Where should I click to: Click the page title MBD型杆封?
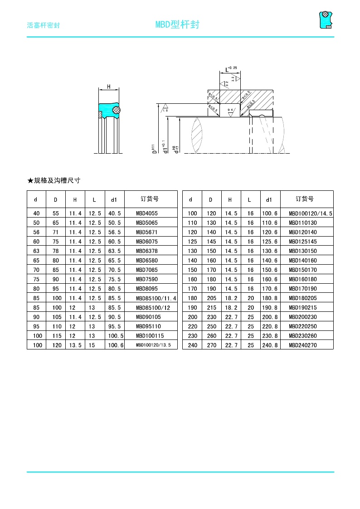(177, 24)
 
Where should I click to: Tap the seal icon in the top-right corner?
(325, 19)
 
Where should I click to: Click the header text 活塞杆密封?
(44, 25)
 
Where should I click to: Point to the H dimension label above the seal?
(108, 86)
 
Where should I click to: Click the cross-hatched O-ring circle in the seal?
(116, 110)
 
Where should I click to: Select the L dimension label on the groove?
(227, 70)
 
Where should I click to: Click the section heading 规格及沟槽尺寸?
(54, 180)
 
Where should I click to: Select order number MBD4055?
(147, 213)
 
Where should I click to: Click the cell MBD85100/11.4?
(156, 298)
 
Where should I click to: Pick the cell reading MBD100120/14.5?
(311, 213)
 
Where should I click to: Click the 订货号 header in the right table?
(305, 199)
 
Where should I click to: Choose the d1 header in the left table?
(114, 199)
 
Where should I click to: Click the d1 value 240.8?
(269, 345)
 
